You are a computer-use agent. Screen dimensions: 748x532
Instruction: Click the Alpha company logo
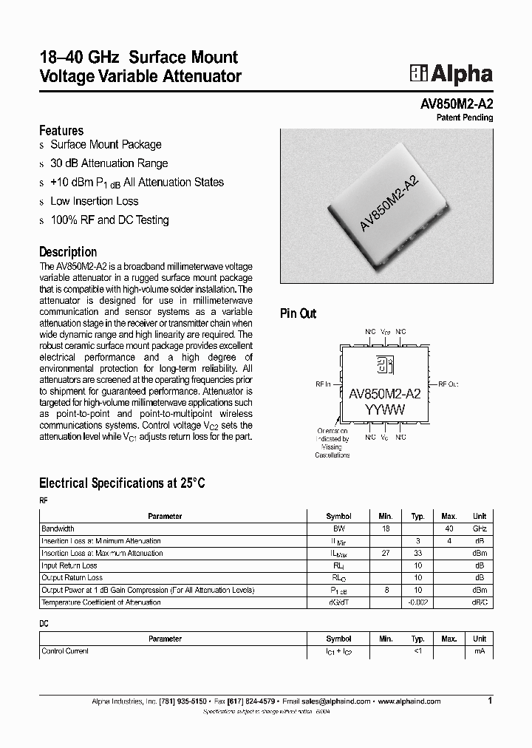(x=451, y=74)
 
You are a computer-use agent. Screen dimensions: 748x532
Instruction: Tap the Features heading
(x=61, y=130)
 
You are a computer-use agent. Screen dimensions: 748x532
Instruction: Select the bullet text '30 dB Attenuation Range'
(x=109, y=163)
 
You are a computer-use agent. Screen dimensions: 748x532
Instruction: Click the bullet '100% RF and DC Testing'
(x=109, y=220)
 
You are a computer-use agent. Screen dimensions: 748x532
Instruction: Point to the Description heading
(x=68, y=251)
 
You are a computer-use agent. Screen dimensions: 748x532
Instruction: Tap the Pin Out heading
(x=298, y=313)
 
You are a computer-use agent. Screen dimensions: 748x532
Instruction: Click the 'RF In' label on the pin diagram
(x=323, y=384)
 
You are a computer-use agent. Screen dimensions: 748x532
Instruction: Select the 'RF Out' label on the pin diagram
(x=448, y=384)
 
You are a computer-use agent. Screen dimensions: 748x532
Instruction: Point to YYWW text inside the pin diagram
(x=384, y=409)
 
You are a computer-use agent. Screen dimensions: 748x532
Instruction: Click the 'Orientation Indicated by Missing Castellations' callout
(x=332, y=443)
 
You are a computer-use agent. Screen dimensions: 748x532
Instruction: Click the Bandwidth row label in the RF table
(x=58, y=528)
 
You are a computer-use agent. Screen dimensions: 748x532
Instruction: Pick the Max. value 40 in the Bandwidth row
(x=449, y=528)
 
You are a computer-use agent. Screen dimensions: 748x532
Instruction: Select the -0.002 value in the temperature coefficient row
(x=417, y=602)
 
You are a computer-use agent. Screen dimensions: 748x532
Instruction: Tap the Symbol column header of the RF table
(x=338, y=516)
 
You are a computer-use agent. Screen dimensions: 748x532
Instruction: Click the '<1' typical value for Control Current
(x=417, y=651)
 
